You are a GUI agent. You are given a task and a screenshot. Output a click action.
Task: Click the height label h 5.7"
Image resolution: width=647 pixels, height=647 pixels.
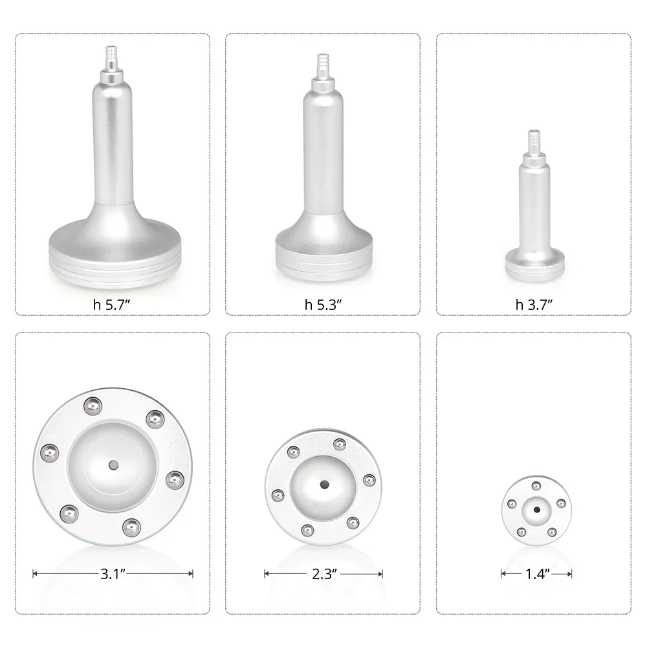113,305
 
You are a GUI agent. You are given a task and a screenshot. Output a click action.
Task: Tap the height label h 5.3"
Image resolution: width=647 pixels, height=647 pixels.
323,305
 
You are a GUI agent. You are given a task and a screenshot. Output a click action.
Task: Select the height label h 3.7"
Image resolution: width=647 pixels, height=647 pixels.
533,305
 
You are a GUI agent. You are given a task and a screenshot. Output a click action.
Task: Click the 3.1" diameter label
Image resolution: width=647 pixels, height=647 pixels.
113,573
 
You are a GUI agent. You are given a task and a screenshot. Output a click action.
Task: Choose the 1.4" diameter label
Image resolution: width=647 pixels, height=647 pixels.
536,573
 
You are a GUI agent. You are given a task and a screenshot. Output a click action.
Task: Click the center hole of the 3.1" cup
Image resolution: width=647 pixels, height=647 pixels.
113,465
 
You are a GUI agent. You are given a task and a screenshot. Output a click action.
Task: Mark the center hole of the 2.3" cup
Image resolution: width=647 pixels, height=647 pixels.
323,485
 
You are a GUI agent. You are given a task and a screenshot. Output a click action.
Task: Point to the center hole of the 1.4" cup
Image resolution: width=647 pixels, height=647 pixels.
536,509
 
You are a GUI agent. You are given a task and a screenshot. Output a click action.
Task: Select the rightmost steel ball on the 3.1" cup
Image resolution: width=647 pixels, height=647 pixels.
174,479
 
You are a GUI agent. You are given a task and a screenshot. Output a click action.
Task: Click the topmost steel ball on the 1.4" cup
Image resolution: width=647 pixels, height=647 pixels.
536,486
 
